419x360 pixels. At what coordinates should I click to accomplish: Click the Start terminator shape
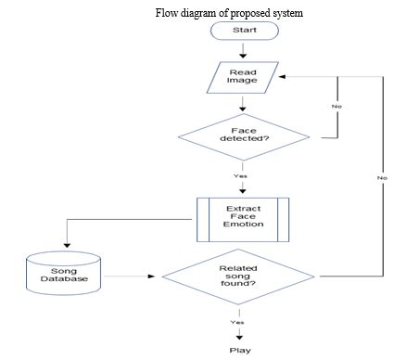coord(244,30)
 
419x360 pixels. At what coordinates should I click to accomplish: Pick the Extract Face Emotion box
coord(244,217)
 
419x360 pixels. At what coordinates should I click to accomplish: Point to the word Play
coord(240,350)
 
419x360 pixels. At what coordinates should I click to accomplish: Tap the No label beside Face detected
coord(336,107)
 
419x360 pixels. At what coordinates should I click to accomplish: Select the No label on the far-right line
coord(382,176)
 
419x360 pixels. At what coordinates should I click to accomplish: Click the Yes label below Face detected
coord(241,176)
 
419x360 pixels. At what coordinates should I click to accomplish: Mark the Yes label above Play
coord(237,322)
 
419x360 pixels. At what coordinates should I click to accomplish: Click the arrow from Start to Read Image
coord(244,51)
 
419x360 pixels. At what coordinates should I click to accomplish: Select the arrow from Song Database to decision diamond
coord(130,276)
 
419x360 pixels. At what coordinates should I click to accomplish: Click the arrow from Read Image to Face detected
coord(244,102)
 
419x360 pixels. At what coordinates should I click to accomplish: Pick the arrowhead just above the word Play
coord(239,336)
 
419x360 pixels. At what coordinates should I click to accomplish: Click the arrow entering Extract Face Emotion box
coord(244,188)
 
